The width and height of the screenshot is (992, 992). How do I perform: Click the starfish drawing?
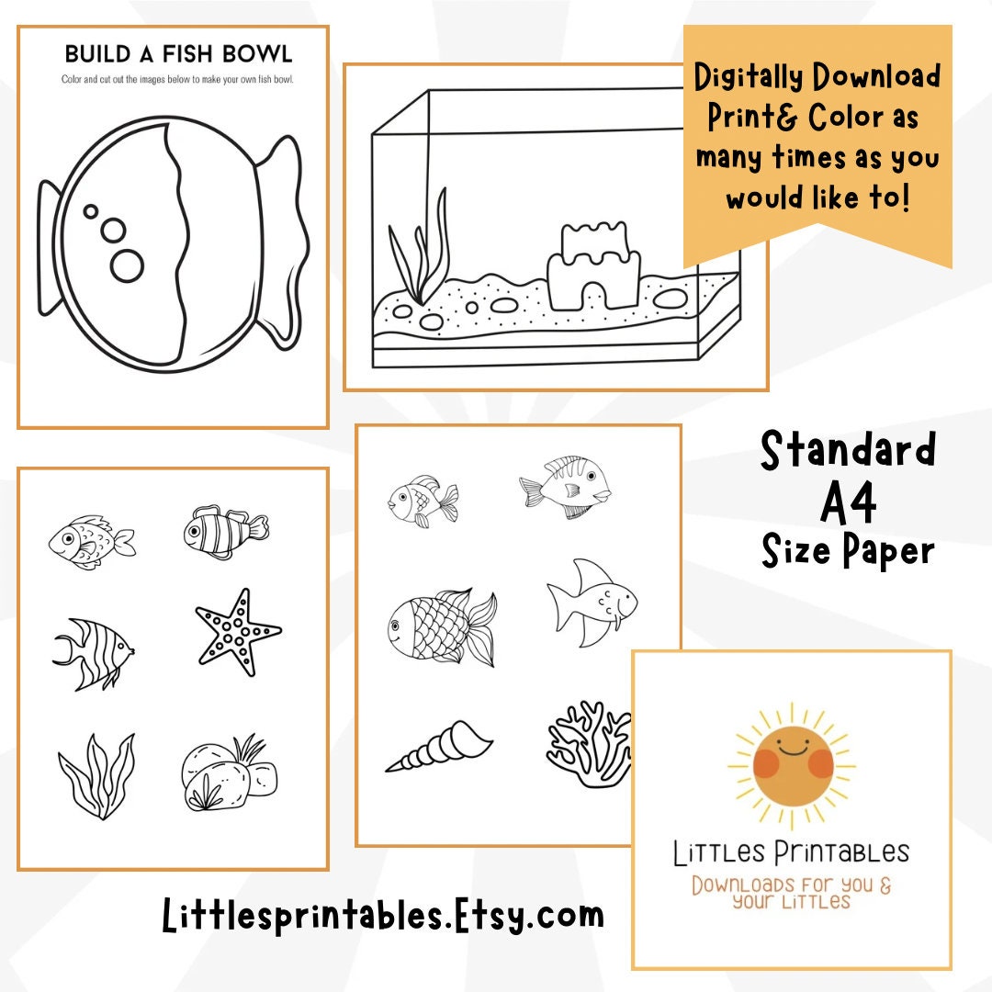tap(238, 633)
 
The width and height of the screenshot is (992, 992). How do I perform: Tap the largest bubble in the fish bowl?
tap(127, 265)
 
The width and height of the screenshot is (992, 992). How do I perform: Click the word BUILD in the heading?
tap(96, 52)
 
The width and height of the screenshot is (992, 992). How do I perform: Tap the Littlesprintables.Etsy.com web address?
tap(383, 915)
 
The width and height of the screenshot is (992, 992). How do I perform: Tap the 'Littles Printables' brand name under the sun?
tap(791, 853)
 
